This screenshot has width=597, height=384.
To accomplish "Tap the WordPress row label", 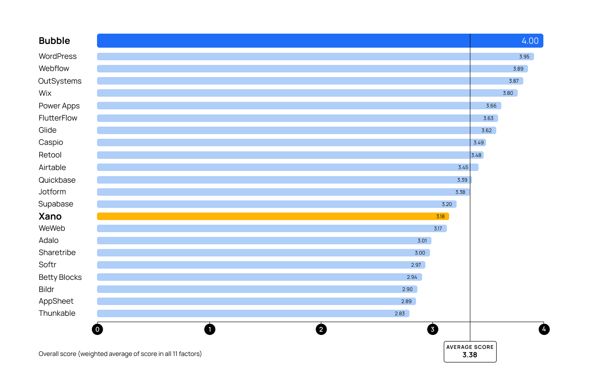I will [x=58, y=56].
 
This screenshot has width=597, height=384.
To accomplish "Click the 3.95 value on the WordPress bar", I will [x=524, y=57].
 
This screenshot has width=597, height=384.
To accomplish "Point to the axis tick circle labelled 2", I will [x=321, y=329].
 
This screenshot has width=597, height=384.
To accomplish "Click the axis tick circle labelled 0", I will [x=97, y=329].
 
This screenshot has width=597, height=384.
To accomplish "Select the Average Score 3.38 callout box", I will [x=470, y=351].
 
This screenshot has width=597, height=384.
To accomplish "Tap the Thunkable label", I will [x=57, y=313].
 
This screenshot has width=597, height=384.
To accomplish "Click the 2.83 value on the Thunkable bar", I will [x=400, y=313].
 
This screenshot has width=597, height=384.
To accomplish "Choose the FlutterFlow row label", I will [x=58, y=118].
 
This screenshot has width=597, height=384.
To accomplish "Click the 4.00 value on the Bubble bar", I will [x=530, y=41].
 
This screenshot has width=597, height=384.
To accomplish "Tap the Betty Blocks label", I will [x=60, y=277].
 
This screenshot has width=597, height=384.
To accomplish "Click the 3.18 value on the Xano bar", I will [x=440, y=216].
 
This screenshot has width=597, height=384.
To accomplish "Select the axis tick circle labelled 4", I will [x=543, y=329].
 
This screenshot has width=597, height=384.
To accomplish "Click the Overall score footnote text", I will [x=120, y=354].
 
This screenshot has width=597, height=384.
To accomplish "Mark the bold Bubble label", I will [x=55, y=41].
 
